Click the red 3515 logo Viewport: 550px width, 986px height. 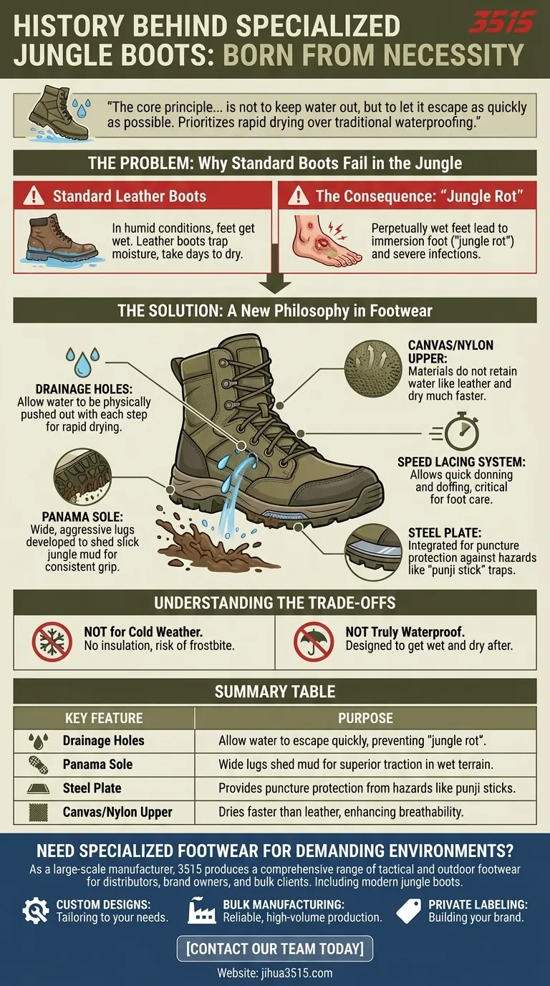[501, 22]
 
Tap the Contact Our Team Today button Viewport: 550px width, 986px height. [274, 949]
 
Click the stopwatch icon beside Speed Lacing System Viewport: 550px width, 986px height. [459, 432]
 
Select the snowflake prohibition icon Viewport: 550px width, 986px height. [52, 641]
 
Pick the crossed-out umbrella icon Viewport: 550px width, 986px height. [313, 641]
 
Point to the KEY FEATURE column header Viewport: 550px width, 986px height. [104, 718]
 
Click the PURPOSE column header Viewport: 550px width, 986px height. [365, 718]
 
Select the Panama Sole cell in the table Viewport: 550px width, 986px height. [97, 764]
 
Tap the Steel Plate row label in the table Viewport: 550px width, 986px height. [92, 788]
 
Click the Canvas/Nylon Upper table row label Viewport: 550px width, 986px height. [117, 812]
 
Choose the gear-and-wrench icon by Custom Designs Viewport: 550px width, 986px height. [35, 910]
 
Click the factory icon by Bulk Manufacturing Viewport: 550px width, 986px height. [202, 910]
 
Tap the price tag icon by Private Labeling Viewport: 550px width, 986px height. [408, 910]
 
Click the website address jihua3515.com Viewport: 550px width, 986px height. [274, 972]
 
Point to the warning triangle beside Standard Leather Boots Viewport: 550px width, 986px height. [33, 196]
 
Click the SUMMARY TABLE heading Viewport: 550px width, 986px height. [274, 691]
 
